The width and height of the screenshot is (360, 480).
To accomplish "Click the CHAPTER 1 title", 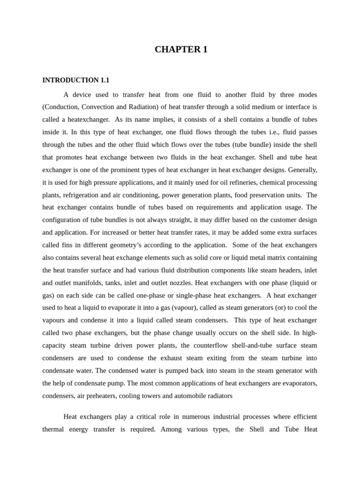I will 181,50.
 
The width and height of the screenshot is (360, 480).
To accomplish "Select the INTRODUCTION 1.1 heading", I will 75,80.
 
